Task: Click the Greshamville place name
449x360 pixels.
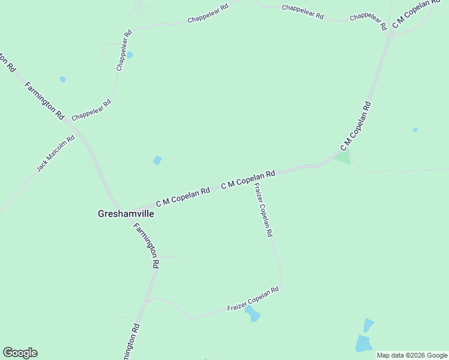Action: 125,212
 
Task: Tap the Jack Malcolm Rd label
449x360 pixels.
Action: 55,154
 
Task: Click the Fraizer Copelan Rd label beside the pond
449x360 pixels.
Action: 253,299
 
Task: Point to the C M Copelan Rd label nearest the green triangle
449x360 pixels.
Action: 356,127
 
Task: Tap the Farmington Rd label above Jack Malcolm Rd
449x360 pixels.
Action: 44,101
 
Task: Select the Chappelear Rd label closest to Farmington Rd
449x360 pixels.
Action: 91,110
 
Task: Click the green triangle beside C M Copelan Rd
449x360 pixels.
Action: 343,158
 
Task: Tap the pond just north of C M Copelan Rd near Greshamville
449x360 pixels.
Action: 157,160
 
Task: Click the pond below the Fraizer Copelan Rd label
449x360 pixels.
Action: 253,314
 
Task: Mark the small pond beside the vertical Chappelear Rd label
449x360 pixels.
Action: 130,55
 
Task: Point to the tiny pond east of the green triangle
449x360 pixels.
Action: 415,130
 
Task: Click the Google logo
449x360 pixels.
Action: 20,353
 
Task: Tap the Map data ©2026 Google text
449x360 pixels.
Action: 412,355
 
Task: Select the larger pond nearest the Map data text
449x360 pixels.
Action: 364,343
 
